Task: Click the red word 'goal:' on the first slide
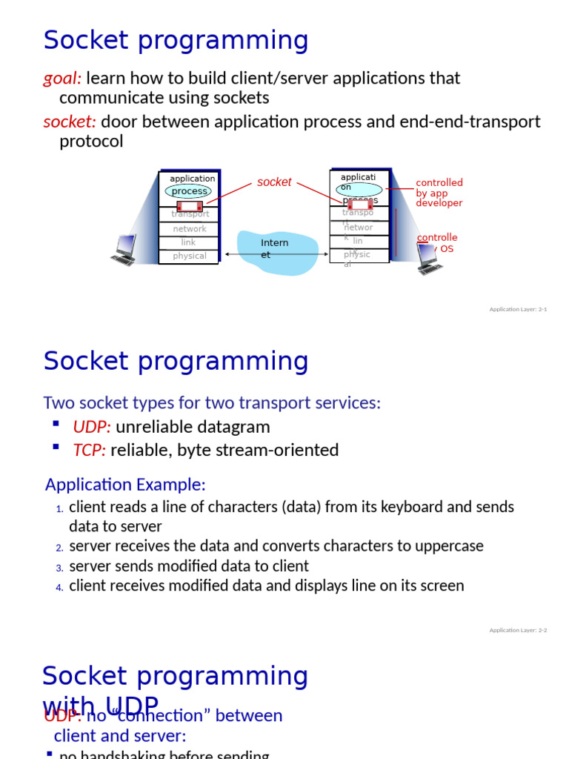62,78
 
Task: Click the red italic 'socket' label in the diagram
274,182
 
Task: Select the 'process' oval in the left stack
190,191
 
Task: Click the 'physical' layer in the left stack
190,256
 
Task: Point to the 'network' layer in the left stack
190,229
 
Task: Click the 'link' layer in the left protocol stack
189,242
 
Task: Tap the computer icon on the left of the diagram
124,250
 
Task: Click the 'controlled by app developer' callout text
439,193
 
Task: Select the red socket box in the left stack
190,206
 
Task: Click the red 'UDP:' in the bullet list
92,427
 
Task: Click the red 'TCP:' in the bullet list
90,451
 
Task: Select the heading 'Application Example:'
125,485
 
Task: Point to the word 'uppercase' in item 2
447,546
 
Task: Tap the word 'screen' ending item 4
441,586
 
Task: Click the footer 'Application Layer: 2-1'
518,309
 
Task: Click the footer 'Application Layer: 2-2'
518,630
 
